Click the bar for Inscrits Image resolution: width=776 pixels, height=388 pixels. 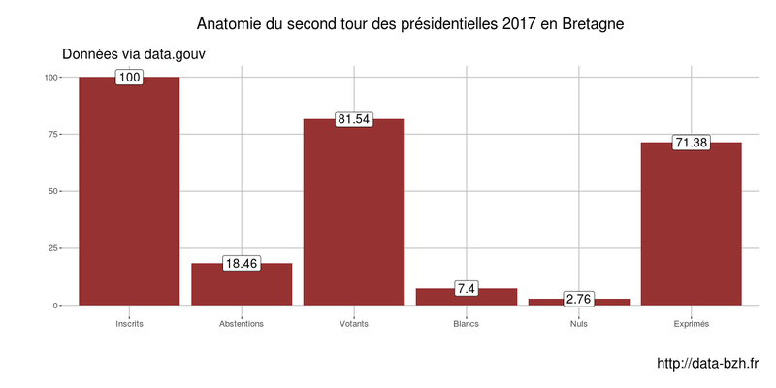129,194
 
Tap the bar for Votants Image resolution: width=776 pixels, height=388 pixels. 354,213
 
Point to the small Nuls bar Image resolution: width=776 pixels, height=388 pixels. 579,302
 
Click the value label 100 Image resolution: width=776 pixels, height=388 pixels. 129,77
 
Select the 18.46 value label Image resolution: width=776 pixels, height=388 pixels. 242,263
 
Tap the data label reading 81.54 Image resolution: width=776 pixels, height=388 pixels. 354,119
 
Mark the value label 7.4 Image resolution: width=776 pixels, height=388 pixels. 467,288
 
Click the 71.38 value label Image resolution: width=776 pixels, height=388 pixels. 692,143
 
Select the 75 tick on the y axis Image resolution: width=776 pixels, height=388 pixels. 51,134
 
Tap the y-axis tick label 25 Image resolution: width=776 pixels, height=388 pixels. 51,248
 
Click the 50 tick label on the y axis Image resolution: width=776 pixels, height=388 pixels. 51,191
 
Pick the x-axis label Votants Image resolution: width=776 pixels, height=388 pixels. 354,323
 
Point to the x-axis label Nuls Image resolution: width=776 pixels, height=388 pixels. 579,323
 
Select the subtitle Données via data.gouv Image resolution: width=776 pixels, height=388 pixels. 133,53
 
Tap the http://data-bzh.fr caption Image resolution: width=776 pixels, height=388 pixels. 707,364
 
